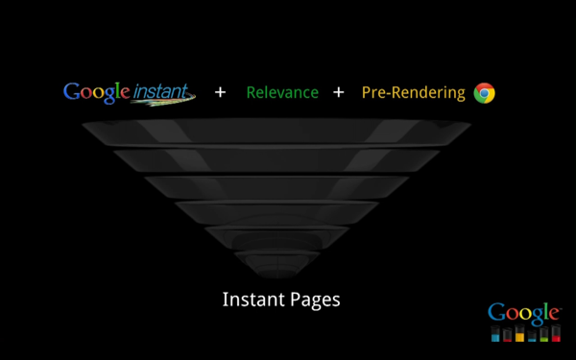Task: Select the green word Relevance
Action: pos(282,93)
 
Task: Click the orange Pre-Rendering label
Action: pos(414,93)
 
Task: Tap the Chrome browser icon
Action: pos(485,93)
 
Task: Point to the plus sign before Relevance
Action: pos(221,93)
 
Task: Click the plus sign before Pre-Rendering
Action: pos(338,93)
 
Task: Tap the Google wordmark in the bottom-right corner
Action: pos(524,313)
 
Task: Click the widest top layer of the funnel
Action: pos(277,132)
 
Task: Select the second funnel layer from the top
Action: pos(277,159)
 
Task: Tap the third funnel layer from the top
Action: pos(277,185)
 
